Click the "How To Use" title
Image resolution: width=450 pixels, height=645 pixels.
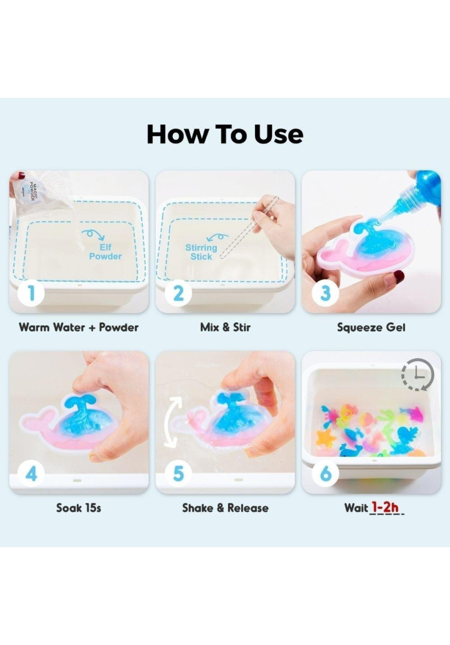(225, 134)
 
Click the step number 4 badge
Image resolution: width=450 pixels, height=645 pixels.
(31, 474)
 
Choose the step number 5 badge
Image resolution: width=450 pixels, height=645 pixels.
(179, 474)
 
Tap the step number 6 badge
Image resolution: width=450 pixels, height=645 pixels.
(325, 474)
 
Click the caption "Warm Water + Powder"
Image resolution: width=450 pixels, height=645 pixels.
(79, 327)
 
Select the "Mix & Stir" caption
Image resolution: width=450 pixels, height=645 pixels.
(226, 327)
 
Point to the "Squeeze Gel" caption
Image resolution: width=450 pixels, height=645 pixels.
(371, 328)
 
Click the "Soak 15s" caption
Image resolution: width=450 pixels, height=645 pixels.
(79, 507)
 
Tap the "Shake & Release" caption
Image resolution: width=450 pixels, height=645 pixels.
(226, 507)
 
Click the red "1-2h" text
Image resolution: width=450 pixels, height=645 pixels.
(385, 507)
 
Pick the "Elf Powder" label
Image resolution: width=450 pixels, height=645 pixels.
(106, 252)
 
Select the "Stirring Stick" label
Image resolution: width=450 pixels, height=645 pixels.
(201, 252)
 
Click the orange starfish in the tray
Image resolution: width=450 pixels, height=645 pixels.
(327, 438)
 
